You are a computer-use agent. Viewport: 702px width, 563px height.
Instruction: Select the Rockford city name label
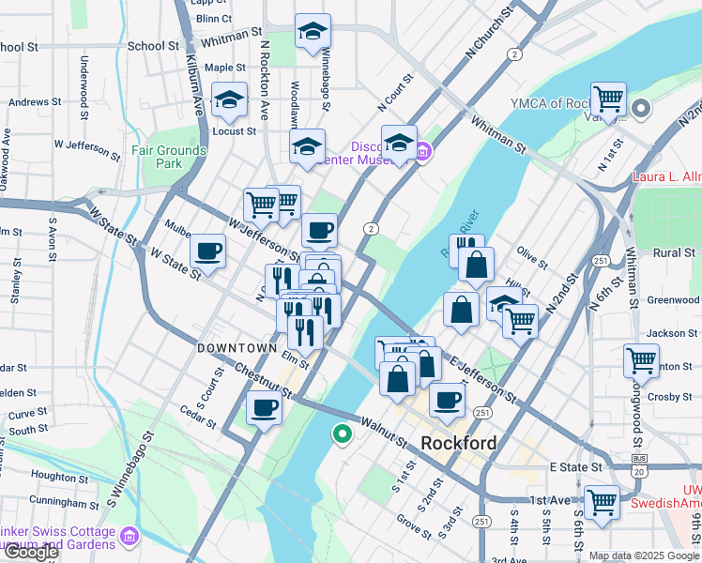point(458,443)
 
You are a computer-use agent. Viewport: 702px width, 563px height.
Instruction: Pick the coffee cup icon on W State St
point(207,251)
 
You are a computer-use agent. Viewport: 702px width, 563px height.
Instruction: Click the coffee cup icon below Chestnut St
point(264,408)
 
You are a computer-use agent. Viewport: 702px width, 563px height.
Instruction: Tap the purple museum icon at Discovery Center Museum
point(423,150)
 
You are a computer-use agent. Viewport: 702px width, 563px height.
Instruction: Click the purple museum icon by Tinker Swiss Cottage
point(130,537)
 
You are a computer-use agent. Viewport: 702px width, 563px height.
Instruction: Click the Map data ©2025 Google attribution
point(643,555)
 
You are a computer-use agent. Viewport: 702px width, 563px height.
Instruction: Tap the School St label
point(152,45)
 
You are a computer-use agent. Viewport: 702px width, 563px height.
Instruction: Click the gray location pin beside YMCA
point(641,109)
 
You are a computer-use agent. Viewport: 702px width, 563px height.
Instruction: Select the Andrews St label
point(35,101)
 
